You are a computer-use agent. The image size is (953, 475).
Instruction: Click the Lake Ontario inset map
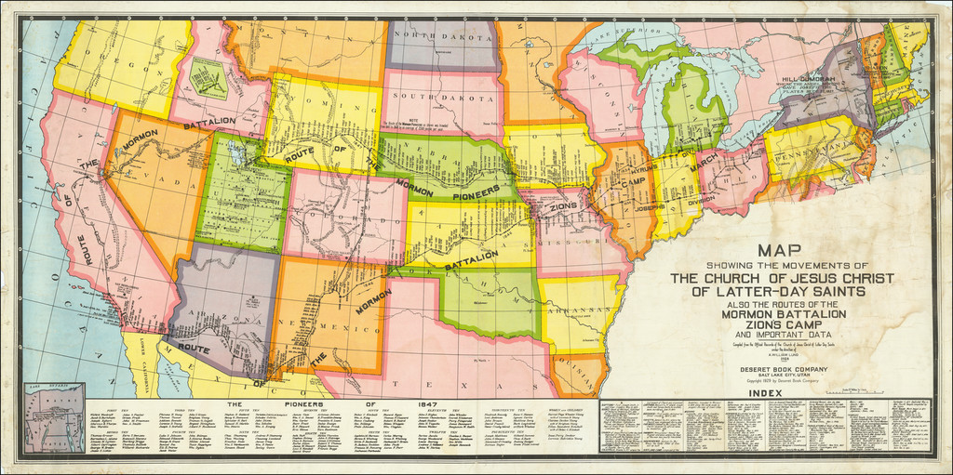point(54,416)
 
